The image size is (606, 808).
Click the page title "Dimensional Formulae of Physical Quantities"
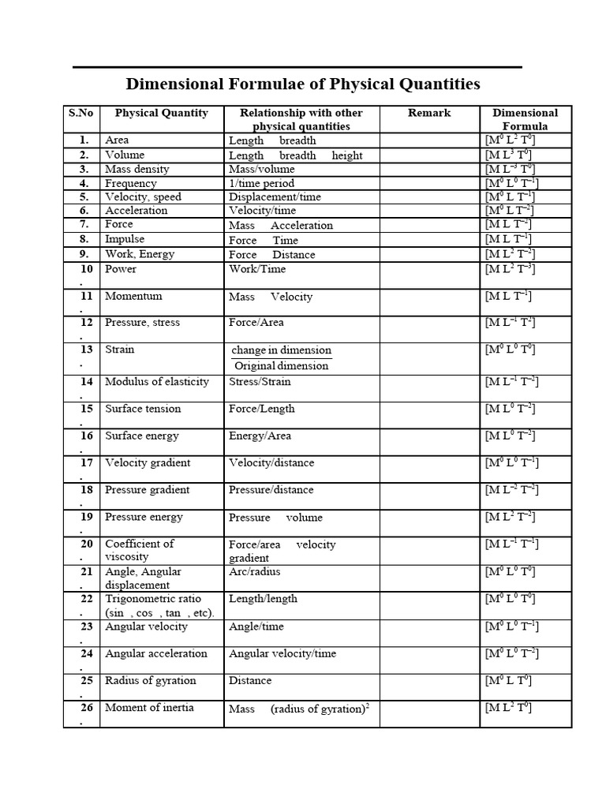tap(303, 84)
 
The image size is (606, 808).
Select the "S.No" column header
tap(80, 113)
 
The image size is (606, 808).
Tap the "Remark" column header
tap(429, 113)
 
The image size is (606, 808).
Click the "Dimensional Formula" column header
tap(525, 119)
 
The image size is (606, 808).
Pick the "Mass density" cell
tap(133, 169)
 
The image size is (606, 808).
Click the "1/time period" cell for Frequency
tap(261, 183)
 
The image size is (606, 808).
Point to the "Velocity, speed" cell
tap(143, 196)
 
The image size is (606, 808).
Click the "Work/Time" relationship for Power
tap(257, 269)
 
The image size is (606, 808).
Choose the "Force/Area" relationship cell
tap(256, 322)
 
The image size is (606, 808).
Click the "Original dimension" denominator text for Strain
tap(281, 365)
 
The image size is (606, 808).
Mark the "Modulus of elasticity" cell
tap(157, 381)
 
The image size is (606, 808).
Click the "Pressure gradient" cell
tap(148, 489)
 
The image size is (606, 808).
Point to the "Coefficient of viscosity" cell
tap(140, 550)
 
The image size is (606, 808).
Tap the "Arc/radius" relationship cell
tap(254, 571)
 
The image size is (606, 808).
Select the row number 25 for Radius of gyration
tap(87, 680)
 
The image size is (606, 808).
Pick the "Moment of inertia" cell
tap(149, 707)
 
